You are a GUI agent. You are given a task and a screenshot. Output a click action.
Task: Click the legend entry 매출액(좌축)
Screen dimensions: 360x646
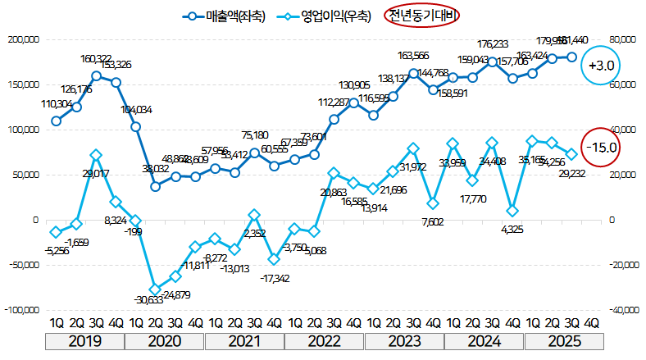click(225, 15)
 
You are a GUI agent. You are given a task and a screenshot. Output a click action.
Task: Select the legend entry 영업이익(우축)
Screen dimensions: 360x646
click(325, 15)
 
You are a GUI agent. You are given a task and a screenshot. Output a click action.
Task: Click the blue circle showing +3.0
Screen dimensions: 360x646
click(601, 66)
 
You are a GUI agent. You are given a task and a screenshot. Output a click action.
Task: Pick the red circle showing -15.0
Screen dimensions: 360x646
click(601, 148)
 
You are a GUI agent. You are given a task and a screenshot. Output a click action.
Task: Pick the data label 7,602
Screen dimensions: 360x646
click(434, 221)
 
